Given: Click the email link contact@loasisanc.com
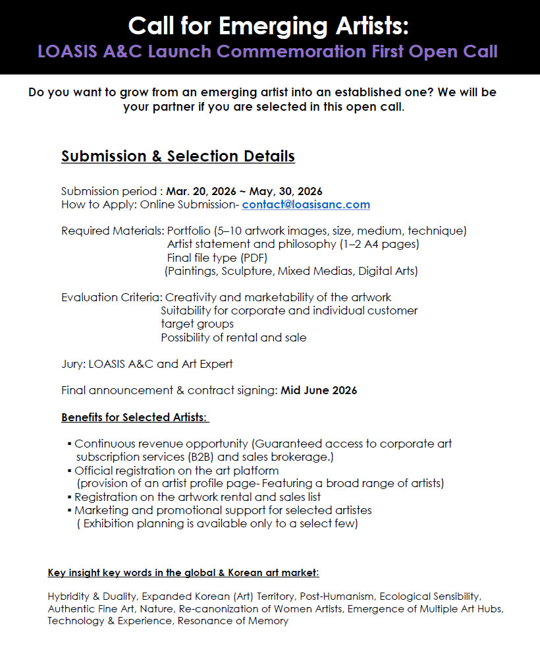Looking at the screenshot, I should coord(306,204).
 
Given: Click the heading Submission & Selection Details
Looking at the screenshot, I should coord(178,156).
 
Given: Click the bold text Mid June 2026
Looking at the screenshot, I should coord(319,390).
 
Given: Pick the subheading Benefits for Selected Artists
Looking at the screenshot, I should coord(134,418).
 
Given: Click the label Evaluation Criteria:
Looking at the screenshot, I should coord(111,297).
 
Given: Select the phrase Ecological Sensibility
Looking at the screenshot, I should coord(430,596).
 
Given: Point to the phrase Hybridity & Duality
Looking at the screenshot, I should coord(92,596).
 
